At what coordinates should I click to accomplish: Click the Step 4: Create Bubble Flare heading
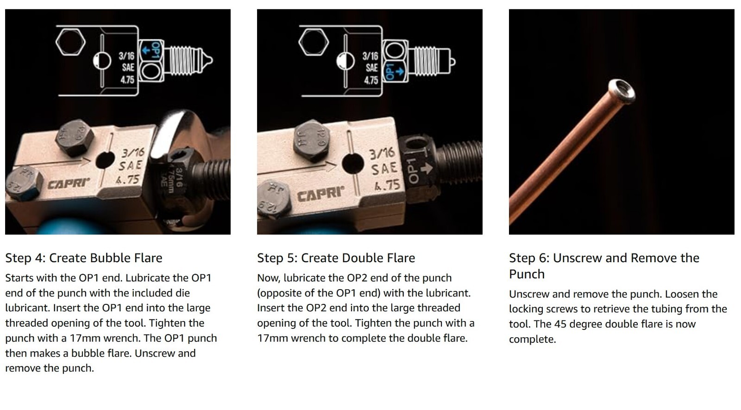pyautogui.click(x=84, y=258)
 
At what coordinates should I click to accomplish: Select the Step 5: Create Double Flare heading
pyautogui.click(x=336, y=258)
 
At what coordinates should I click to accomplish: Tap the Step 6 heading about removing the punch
pyautogui.click(x=604, y=266)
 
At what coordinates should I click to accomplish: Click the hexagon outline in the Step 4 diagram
pyautogui.click(x=70, y=42)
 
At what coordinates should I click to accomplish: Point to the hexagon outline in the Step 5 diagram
pyautogui.click(x=314, y=42)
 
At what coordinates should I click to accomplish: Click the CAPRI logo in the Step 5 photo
pyautogui.click(x=320, y=194)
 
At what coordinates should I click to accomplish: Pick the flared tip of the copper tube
pyautogui.click(x=622, y=90)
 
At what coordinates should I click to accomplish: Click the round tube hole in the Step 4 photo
pyautogui.click(x=105, y=160)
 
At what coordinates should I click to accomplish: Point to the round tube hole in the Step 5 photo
pyautogui.click(x=352, y=164)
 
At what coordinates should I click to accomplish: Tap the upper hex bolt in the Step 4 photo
pyautogui.click(x=75, y=137)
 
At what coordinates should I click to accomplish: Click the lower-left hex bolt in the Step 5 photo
pyautogui.click(x=275, y=200)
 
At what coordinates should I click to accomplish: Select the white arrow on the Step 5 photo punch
pyautogui.click(x=427, y=169)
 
